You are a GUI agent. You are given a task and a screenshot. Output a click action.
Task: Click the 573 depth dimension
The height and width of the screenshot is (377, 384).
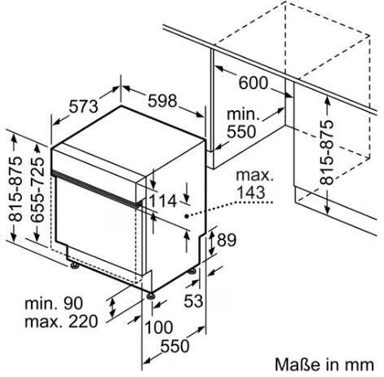point(83,106)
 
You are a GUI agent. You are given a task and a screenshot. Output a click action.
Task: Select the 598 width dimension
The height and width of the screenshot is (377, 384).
point(162,100)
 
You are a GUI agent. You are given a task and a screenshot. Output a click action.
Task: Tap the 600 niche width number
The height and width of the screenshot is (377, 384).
point(253,82)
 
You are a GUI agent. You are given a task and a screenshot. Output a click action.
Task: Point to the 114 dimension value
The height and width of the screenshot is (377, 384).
point(162,202)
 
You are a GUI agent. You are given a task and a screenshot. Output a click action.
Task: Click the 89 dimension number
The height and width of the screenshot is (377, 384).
point(227,240)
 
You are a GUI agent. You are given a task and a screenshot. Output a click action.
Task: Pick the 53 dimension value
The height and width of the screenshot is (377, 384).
point(193,301)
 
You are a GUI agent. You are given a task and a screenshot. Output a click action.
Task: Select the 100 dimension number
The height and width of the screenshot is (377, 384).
point(159,327)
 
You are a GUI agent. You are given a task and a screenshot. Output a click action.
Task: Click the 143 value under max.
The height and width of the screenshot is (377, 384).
point(251,193)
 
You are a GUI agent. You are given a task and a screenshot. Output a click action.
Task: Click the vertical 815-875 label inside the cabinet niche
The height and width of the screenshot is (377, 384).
point(326,153)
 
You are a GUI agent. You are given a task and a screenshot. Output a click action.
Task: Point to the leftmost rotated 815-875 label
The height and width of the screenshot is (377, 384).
point(15,188)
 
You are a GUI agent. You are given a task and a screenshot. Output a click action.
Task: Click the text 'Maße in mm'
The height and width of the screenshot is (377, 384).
point(324,364)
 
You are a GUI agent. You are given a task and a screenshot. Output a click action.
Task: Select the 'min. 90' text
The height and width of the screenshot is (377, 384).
point(54,304)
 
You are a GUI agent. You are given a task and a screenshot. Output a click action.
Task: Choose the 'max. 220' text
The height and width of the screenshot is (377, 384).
point(61,322)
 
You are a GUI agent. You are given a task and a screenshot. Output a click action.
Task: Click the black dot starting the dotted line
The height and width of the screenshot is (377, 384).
point(187,216)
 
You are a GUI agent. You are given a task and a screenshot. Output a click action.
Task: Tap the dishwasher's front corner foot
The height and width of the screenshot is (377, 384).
point(150,296)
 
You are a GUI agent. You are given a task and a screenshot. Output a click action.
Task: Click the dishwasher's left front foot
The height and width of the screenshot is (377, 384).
point(74,265)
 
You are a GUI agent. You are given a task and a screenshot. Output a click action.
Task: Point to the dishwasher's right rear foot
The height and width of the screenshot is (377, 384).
point(192,271)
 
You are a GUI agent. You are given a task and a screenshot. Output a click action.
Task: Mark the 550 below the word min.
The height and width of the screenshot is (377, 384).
point(241,131)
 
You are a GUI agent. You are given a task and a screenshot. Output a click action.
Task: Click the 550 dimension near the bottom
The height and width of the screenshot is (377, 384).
point(174,346)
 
